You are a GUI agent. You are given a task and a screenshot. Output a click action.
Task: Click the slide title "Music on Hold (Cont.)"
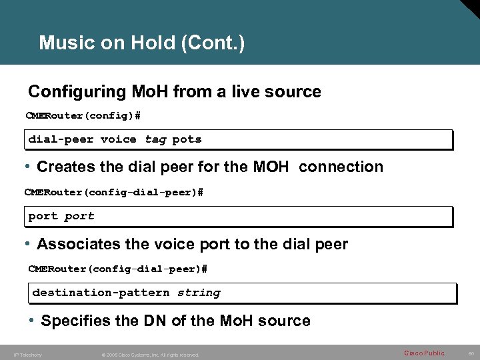tap(142, 43)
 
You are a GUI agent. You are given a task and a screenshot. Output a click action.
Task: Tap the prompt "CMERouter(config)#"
tap(83, 116)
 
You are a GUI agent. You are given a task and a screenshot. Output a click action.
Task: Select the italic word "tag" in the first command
tap(155, 139)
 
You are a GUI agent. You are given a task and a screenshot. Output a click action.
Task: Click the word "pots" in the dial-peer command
tap(187, 139)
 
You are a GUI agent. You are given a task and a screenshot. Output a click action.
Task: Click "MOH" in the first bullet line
tap(271, 167)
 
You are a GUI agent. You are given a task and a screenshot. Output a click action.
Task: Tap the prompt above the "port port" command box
tap(113, 193)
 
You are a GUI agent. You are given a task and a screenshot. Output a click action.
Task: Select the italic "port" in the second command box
tap(79, 216)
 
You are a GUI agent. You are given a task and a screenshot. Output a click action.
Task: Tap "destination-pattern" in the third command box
tap(101, 292)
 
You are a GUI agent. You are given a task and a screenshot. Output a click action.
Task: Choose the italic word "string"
tap(198, 292)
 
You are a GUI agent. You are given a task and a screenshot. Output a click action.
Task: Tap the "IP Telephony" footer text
tap(27, 355)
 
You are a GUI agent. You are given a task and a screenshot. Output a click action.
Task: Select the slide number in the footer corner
tap(469, 353)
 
